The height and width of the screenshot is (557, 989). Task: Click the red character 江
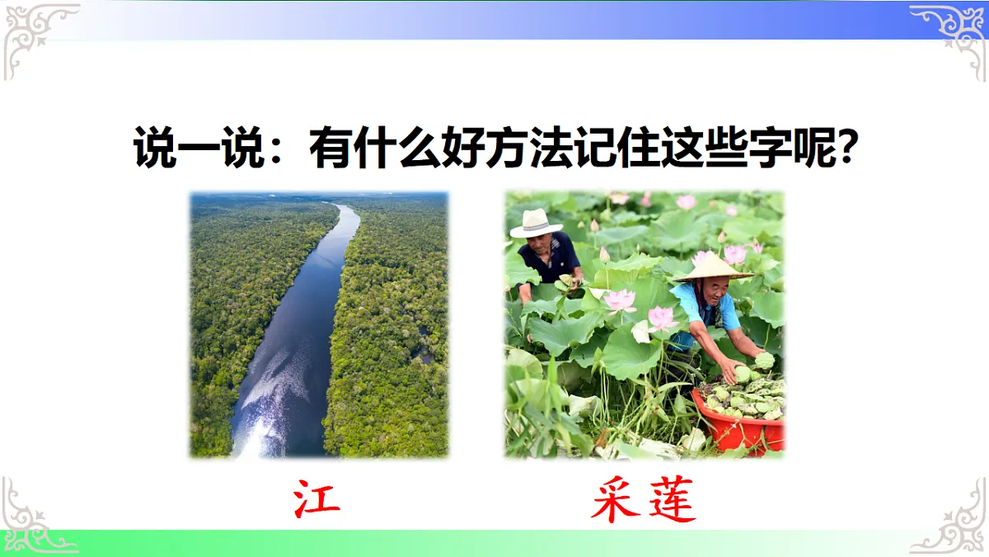tap(317, 499)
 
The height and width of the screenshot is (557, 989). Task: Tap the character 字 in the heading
tap(771, 149)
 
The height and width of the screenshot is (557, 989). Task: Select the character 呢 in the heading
tap(813, 149)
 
